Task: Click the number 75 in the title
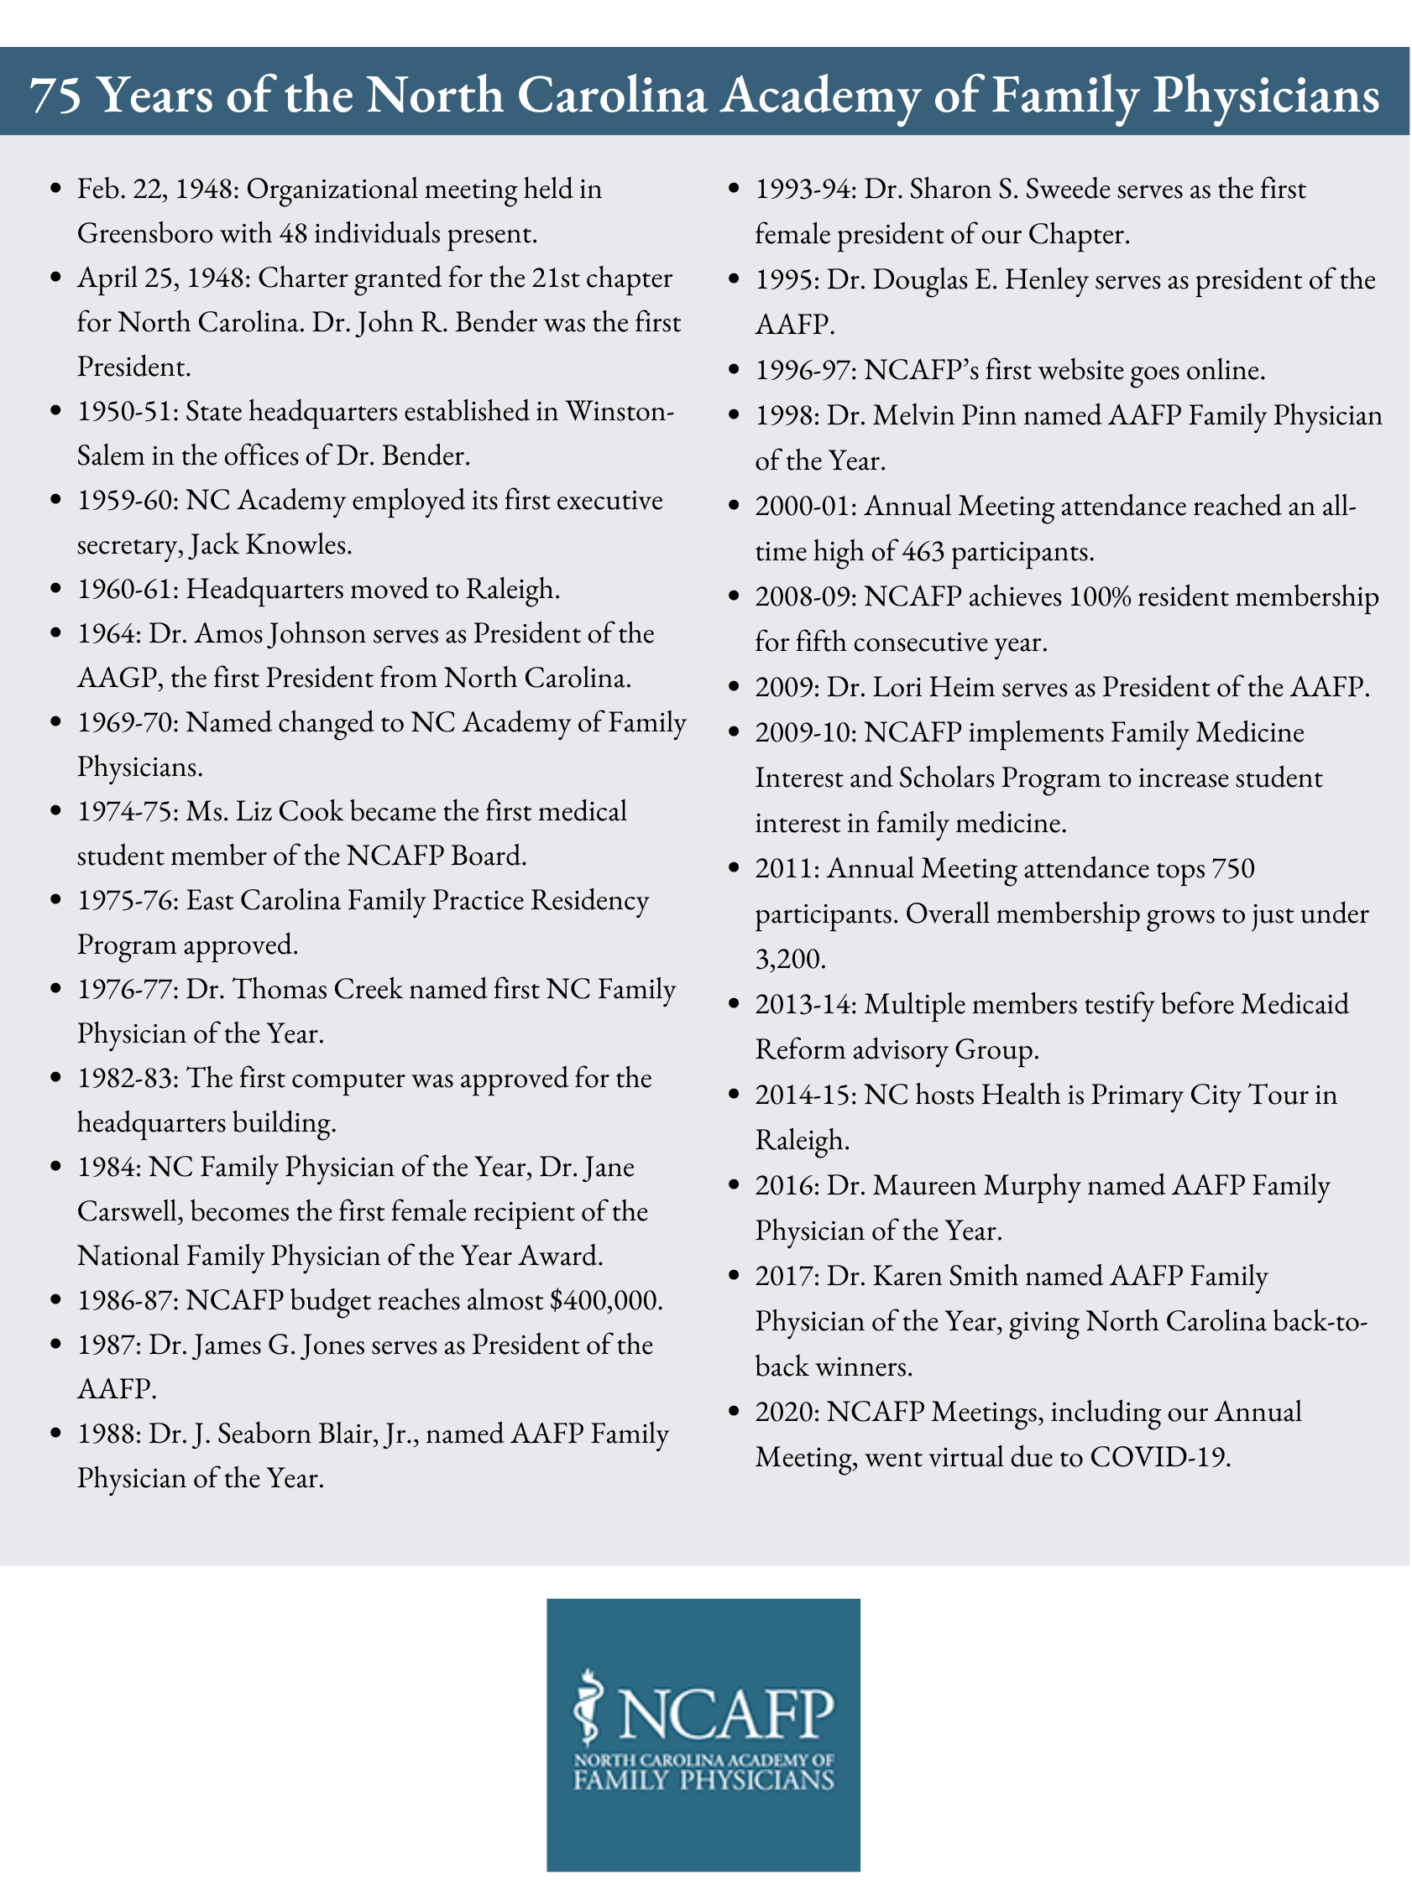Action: pos(55,96)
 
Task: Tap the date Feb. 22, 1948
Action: pos(157,189)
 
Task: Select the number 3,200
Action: pos(790,959)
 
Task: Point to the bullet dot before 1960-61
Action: pos(56,590)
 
